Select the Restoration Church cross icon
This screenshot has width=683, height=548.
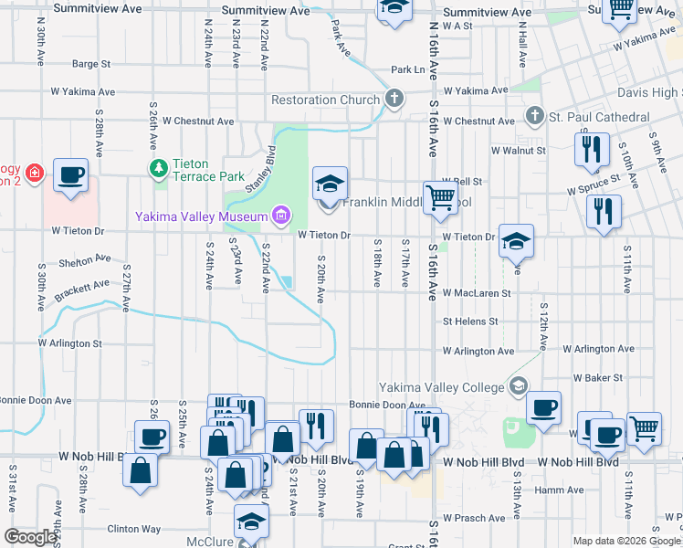coord(394,100)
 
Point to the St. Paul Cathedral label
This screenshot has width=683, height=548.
coord(599,117)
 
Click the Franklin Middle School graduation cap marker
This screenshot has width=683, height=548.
coord(330,184)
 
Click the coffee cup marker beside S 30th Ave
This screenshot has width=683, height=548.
coord(70,174)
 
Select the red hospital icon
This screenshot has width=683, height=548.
coord(35,173)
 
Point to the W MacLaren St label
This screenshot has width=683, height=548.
coord(477,293)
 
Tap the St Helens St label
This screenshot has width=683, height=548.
coord(470,321)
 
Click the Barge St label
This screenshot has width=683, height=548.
coord(91,64)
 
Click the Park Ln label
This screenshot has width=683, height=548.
coord(408,69)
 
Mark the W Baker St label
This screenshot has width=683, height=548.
coord(598,377)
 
